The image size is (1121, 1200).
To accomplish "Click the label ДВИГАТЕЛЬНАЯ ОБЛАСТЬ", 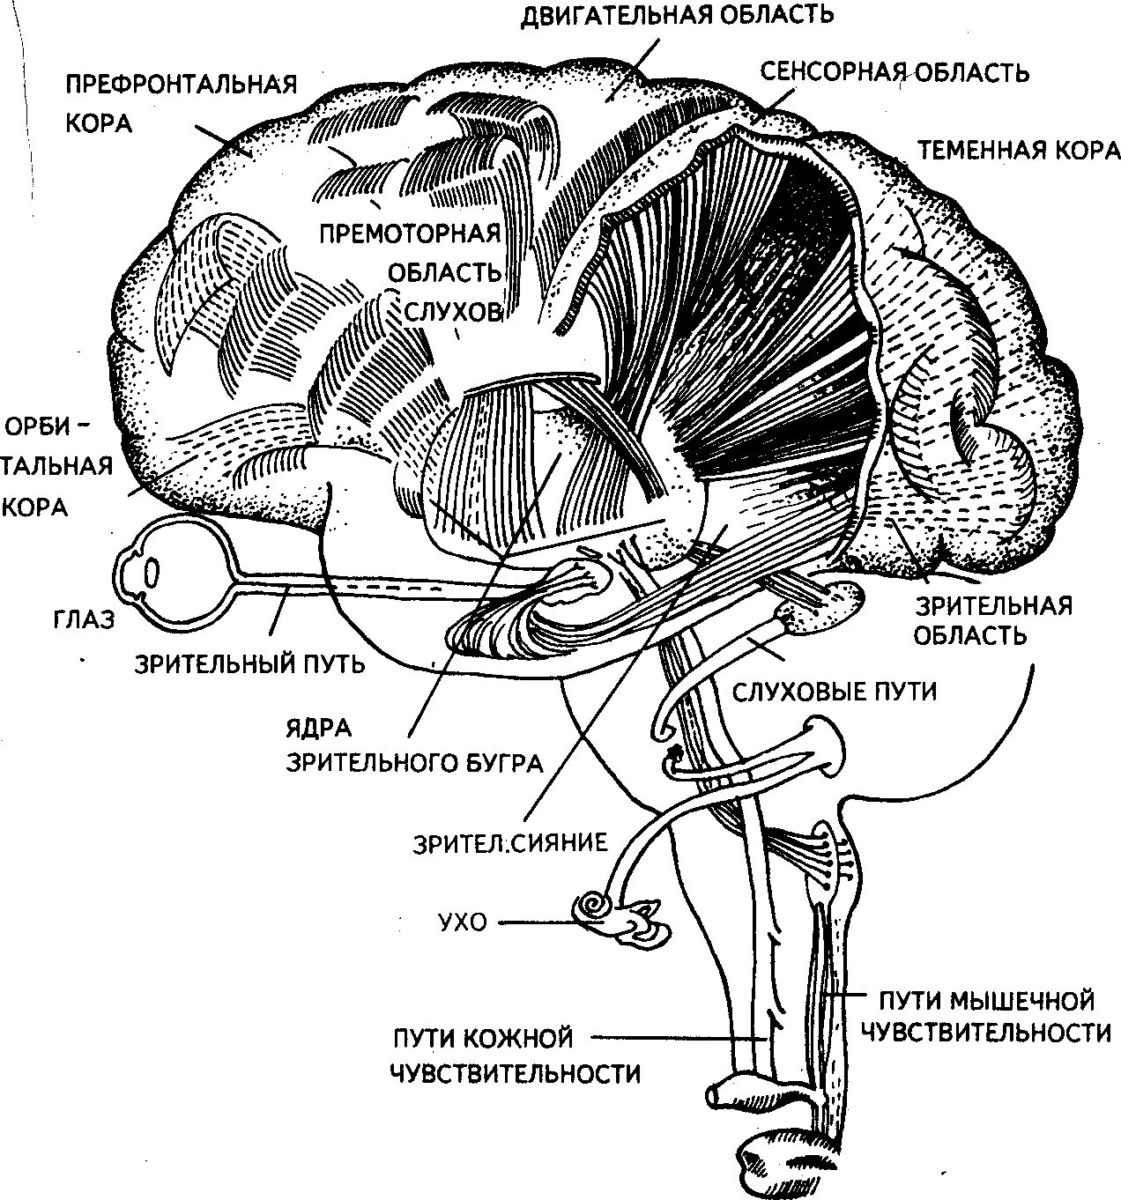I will click(677, 15).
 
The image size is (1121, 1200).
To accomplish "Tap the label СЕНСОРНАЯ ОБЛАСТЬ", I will click(895, 71).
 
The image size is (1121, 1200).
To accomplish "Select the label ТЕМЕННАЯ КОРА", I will click(1019, 150).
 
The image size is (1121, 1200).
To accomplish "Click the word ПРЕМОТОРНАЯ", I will click(410, 234).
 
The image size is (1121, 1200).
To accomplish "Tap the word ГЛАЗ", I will click(83, 619).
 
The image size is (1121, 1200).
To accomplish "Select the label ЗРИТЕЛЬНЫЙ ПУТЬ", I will click(249, 663).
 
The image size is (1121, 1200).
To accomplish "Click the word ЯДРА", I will click(318, 728).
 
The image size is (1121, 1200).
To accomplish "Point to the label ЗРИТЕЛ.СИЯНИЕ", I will click(511, 842).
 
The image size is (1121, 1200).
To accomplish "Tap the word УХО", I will click(462, 923).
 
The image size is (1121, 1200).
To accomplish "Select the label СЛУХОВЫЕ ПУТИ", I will click(834, 692).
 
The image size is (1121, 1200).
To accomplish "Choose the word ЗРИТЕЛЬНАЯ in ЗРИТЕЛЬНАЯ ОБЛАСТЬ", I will click(994, 606).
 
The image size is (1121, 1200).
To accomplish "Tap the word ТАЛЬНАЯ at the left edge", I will click(58, 465).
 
